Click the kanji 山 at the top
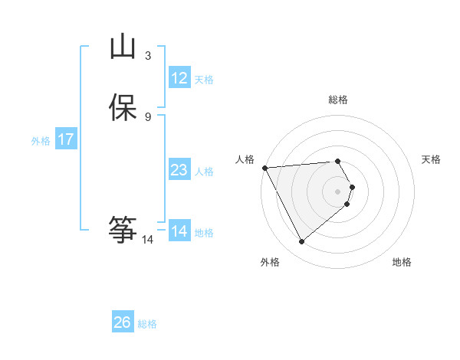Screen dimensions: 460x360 pyautogui.click(x=123, y=47)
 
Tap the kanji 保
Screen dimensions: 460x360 pyautogui.click(x=123, y=107)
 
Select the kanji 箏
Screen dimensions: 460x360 pyautogui.click(x=123, y=229)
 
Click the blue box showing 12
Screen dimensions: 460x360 pyautogui.click(x=179, y=78)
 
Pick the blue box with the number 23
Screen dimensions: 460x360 pyautogui.click(x=179, y=170)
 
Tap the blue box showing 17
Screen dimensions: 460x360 pyautogui.click(x=66, y=139)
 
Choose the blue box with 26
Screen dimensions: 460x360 pyautogui.click(x=123, y=322)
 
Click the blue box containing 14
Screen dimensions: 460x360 pyautogui.click(x=179, y=231)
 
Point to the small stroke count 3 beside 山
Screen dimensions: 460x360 pyautogui.click(x=148, y=55)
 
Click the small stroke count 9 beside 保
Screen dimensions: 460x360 pyautogui.click(x=148, y=116)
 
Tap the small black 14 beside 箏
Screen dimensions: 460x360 pyautogui.click(x=148, y=240)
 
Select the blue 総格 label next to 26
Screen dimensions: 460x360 pyautogui.click(x=147, y=324)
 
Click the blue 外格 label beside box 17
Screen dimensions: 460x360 pyautogui.click(x=41, y=141)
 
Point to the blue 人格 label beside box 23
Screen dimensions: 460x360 pyautogui.click(x=205, y=172)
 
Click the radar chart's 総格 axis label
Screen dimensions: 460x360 pyautogui.click(x=338, y=100)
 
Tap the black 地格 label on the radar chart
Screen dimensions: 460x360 pyautogui.click(x=402, y=262)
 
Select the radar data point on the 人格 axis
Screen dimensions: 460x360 pyautogui.click(x=264, y=167)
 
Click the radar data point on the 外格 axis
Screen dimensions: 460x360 pyautogui.click(x=302, y=242)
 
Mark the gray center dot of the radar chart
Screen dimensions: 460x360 pyautogui.click(x=338, y=191)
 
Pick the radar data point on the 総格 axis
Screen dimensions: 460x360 pyautogui.click(x=338, y=161)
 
